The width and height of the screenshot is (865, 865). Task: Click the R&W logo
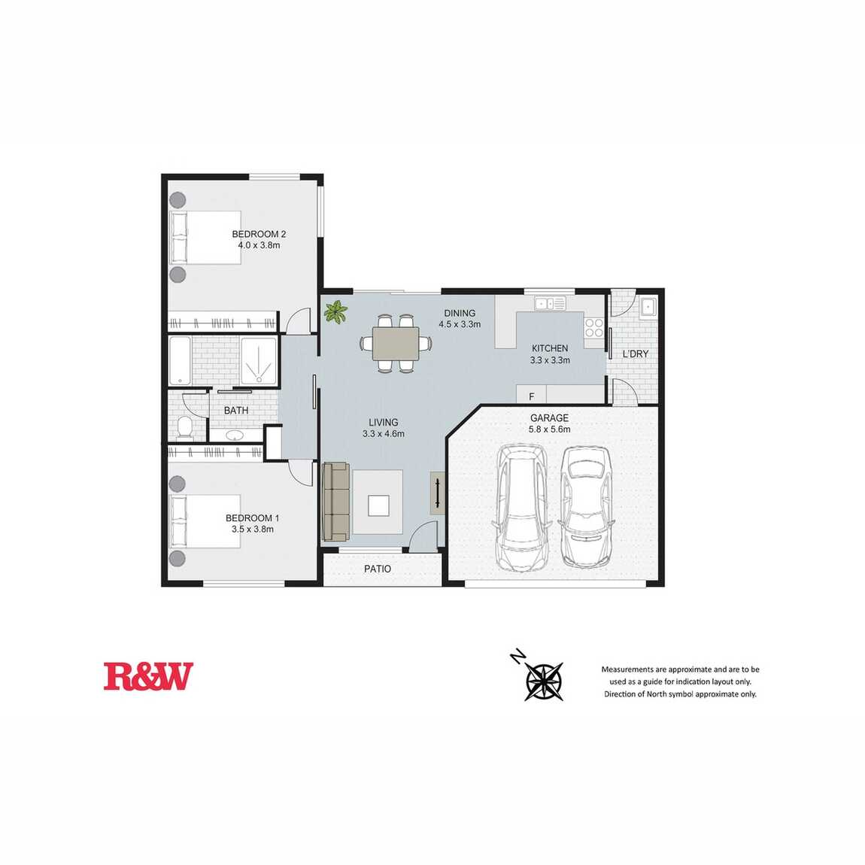coord(148,675)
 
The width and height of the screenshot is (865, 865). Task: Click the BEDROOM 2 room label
coord(259,234)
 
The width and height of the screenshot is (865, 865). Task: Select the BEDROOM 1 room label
coord(252,518)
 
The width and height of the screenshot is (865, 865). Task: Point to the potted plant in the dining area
coord(335,311)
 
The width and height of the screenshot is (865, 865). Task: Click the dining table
coord(396,344)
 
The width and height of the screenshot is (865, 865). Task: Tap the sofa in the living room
coord(336,502)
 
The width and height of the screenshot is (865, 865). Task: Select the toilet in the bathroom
coord(184,428)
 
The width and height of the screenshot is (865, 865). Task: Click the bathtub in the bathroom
coord(180,361)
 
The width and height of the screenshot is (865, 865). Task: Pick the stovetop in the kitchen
coord(594,328)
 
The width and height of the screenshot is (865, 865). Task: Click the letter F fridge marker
coord(532,396)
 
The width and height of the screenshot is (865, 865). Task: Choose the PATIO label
coord(378,569)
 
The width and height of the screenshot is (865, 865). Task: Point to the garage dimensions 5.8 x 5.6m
coord(549,429)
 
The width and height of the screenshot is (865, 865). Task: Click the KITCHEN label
coord(549,348)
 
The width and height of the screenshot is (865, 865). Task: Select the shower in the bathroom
coord(259,361)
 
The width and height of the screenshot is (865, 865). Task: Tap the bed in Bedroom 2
coord(205,237)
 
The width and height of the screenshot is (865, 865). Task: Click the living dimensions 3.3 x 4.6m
coord(384,433)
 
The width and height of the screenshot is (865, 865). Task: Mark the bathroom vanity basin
coord(235,436)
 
